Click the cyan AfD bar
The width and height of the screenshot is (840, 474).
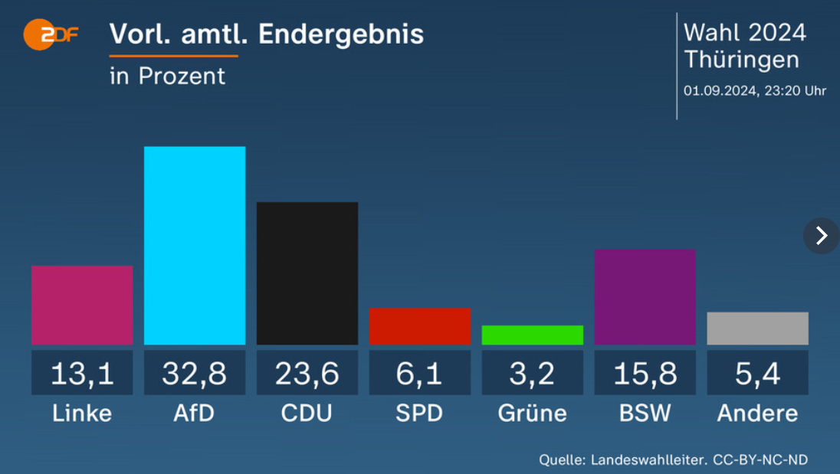195,245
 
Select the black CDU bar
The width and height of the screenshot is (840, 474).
307,273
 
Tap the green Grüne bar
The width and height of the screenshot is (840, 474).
533,335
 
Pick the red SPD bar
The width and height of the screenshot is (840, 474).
420,326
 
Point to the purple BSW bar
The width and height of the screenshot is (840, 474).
645,297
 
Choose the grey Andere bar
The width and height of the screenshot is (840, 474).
757,329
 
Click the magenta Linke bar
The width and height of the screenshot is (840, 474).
82,305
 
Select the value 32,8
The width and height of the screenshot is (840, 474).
195,373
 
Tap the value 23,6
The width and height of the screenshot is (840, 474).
307,373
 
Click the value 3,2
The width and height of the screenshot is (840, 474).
533,373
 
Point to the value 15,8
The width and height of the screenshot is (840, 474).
645,373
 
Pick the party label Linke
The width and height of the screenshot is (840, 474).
82,414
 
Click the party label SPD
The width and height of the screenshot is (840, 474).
420,414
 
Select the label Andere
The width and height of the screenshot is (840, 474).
757,414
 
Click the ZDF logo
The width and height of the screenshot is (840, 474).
51,34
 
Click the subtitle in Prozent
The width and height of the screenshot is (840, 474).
167,76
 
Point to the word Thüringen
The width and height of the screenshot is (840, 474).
741,60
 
